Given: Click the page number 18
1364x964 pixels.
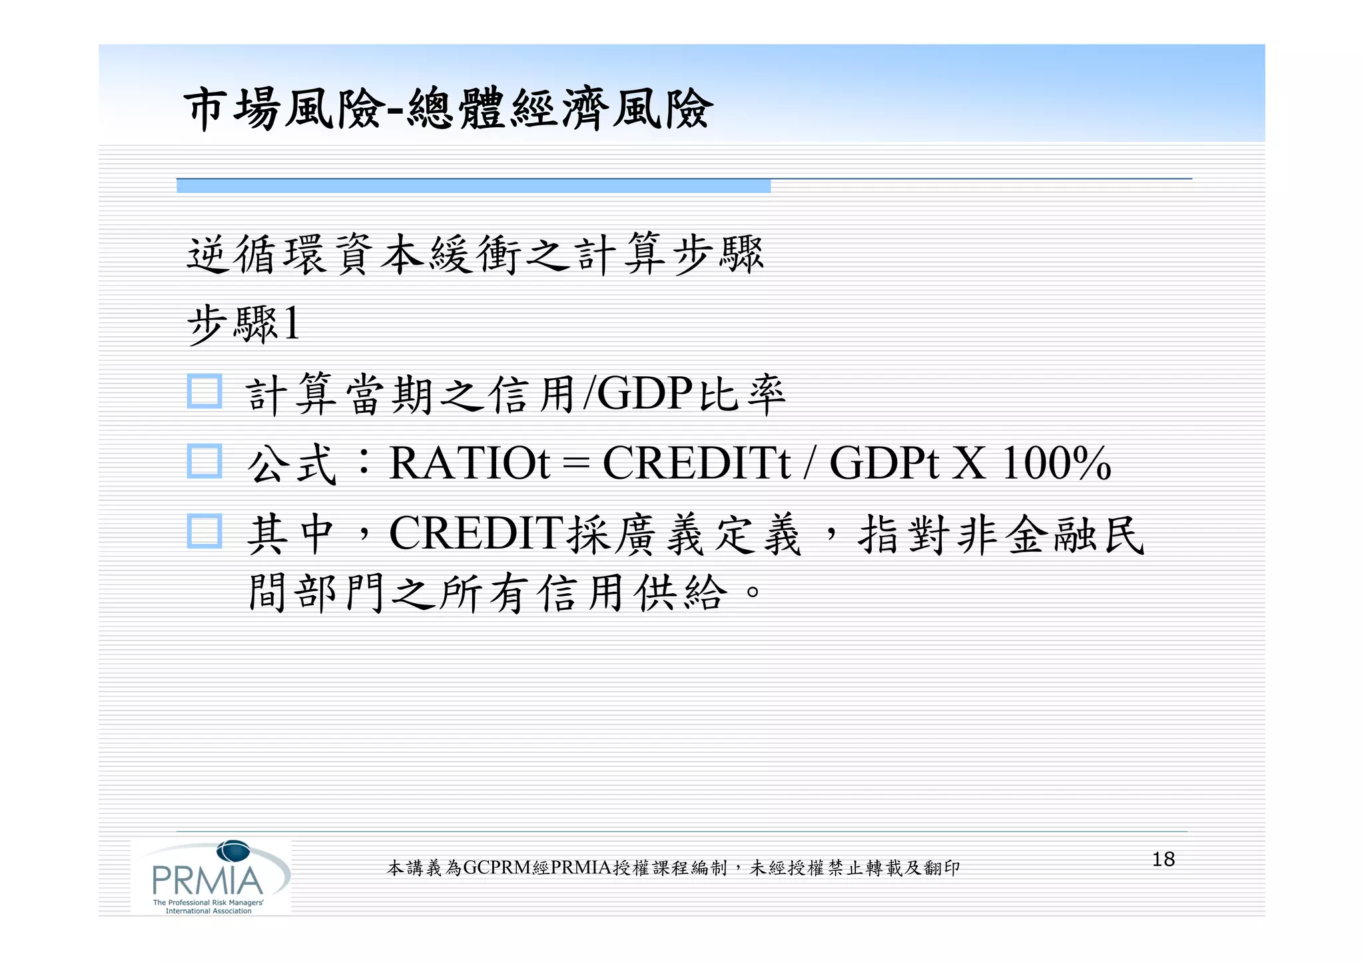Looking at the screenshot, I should (x=1163, y=859).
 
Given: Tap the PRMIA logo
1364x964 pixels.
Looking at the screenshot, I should (x=210, y=877).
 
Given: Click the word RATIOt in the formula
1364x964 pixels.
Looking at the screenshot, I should (x=470, y=463).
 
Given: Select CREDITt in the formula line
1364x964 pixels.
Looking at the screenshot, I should (x=696, y=463).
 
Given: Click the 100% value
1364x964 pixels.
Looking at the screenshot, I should (x=1056, y=463).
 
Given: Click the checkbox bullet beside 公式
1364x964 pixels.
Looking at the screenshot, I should (x=204, y=461).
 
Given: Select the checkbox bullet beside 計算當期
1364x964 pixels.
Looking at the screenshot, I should (x=204, y=391).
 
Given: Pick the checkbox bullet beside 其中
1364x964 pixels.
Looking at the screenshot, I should (x=204, y=531).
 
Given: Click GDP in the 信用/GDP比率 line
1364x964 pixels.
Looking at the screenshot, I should (x=644, y=393).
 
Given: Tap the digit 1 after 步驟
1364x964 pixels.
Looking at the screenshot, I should (x=291, y=324).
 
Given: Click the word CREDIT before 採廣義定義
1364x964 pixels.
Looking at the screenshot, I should (x=476, y=533).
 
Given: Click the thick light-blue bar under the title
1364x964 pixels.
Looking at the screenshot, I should (x=473, y=186).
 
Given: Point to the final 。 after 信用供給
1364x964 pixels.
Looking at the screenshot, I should (x=753, y=591).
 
